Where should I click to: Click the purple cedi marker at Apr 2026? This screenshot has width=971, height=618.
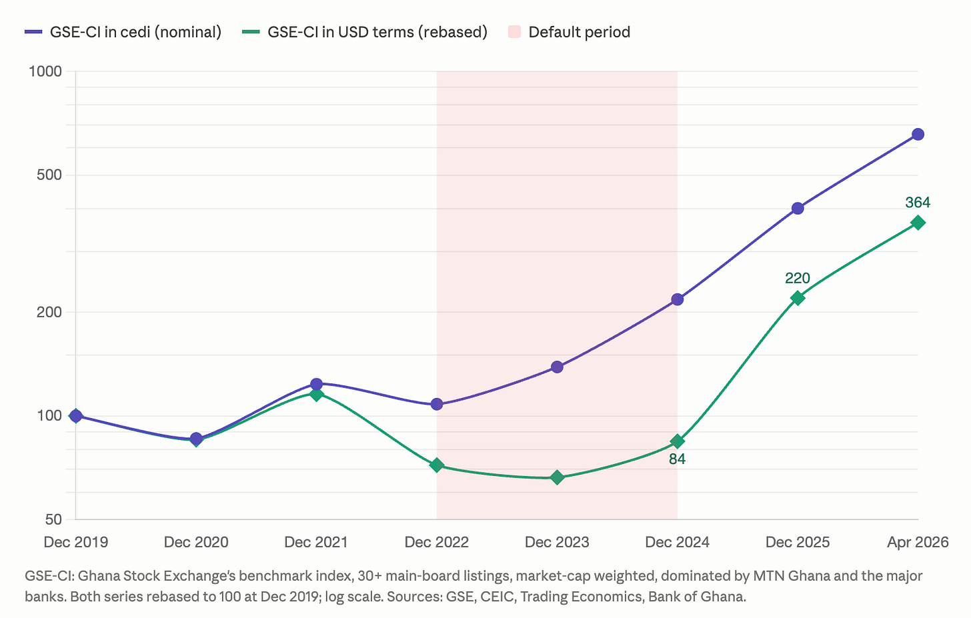click(x=918, y=135)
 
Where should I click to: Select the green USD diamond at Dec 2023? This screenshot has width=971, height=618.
click(x=557, y=477)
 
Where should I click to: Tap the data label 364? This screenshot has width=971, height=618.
click(x=918, y=203)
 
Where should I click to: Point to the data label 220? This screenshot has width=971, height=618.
click(x=797, y=278)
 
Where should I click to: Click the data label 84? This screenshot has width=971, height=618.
click(x=677, y=459)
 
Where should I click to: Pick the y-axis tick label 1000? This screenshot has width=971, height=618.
click(x=45, y=71)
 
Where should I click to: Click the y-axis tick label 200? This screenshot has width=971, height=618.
click(x=49, y=311)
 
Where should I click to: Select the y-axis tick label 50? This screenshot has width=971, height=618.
click(x=53, y=519)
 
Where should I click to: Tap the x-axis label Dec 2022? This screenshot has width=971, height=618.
click(x=437, y=542)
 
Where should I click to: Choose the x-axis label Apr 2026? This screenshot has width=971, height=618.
click(x=918, y=542)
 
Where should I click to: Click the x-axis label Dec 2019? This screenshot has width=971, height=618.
click(x=76, y=542)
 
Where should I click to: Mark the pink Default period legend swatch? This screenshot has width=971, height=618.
click(x=514, y=31)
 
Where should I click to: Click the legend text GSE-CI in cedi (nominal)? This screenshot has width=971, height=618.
click(x=135, y=32)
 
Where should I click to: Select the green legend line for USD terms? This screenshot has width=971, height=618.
click(x=251, y=31)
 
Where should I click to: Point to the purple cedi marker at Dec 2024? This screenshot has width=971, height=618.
click(x=677, y=299)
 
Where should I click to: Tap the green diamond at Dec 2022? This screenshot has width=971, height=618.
click(x=437, y=465)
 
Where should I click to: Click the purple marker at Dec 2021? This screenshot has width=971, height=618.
click(x=316, y=384)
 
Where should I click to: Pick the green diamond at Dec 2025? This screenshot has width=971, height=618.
click(x=797, y=298)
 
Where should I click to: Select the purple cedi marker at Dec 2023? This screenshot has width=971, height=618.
click(x=557, y=367)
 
